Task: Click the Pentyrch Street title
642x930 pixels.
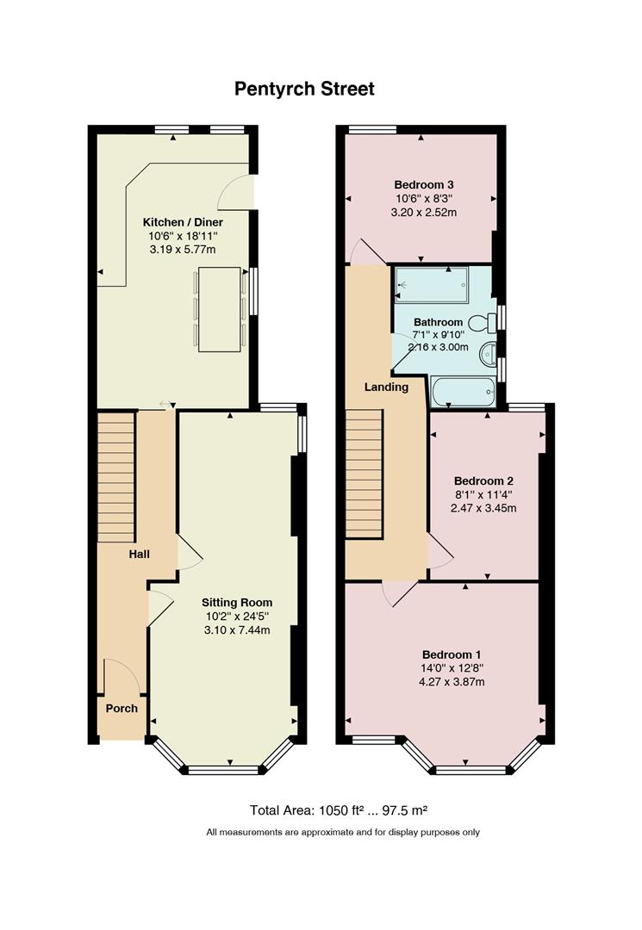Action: (304, 89)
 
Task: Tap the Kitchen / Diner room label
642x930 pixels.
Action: (183, 222)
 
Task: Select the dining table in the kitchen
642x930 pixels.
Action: (220, 309)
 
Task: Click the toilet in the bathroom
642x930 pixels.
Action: (483, 322)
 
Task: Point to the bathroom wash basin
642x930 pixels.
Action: (488, 354)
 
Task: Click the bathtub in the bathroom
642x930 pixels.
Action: (463, 392)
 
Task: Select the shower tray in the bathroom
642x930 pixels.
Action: (432, 285)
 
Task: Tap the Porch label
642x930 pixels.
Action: (122, 708)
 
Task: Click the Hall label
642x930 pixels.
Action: (140, 554)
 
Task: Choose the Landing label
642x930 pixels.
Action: (386, 387)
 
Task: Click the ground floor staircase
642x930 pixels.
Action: (115, 477)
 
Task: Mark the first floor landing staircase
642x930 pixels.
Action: (364, 474)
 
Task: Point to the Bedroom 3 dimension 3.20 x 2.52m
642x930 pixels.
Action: (424, 213)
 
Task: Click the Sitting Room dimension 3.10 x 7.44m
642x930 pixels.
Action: (237, 629)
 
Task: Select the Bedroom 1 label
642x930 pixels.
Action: (452, 654)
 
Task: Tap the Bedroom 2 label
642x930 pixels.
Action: (483, 481)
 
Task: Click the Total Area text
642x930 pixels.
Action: (339, 810)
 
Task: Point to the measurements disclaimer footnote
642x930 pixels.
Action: (343, 832)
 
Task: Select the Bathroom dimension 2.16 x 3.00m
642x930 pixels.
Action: (439, 347)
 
